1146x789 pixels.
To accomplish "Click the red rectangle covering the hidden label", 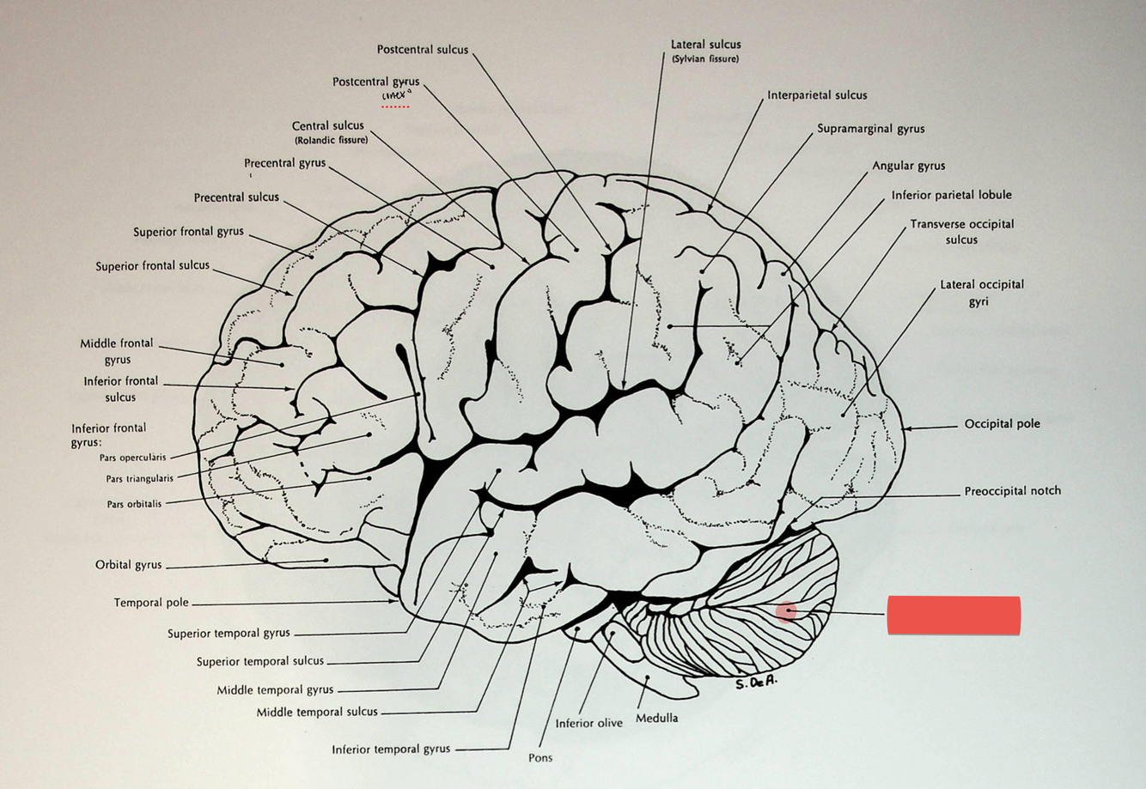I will [954, 616].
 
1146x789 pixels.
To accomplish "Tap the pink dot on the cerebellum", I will [786, 610].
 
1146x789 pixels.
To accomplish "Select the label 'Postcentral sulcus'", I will [423, 50].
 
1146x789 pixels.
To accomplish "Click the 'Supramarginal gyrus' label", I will [870, 129].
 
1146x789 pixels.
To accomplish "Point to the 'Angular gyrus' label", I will [908, 166].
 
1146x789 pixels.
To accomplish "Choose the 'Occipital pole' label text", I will [1002, 424].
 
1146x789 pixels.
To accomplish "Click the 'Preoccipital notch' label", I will [1012, 491].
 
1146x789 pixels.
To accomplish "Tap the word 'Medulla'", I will [656, 718].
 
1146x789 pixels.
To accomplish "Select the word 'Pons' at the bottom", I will [540, 758].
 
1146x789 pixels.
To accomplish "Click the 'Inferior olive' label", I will [588, 723].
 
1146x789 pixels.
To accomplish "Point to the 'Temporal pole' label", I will [151, 603].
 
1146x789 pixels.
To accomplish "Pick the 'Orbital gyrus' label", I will [128, 565].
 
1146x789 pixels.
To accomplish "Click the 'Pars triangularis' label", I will [139, 479].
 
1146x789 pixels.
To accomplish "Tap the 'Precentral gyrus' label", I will [284, 163].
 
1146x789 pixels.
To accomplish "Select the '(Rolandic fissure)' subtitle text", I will [331, 140].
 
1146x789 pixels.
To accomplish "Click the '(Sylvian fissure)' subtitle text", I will [705, 59].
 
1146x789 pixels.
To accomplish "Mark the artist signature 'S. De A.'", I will [756, 683].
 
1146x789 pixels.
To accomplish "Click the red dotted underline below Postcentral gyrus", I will [395, 107].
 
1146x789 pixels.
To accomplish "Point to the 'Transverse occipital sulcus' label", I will [962, 232].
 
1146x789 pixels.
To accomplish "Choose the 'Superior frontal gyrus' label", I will [188, 232].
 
